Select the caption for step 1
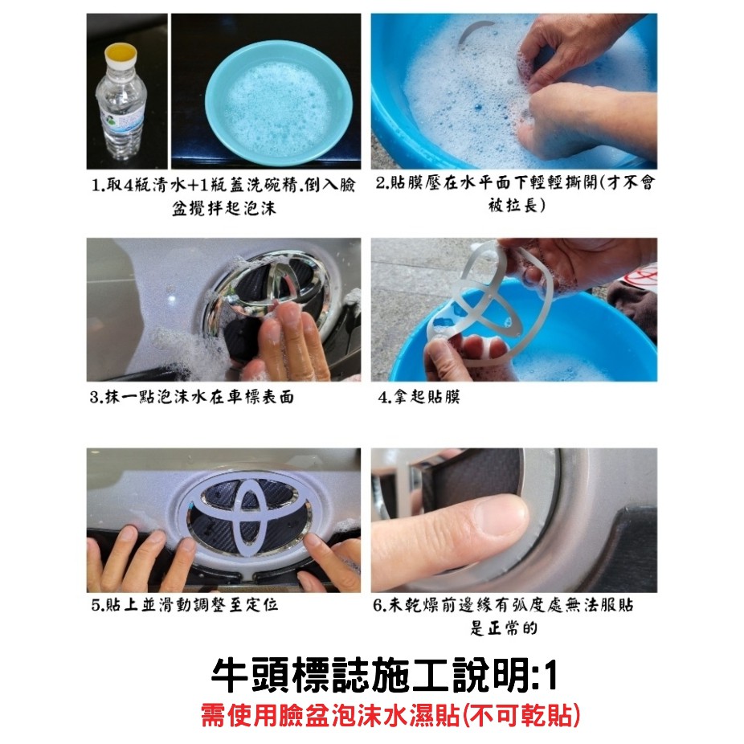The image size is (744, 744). click(x=223, y=196)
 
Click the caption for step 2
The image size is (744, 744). click(x=515, y=194)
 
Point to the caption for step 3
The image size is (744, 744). click(x=192, y=397)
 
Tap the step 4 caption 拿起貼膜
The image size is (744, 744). click(x=419, y=396)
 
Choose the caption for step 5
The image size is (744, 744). click(x=185, y=604)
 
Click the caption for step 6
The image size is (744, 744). click(x=504, y=616)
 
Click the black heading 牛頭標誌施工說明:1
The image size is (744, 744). click(x=384, y=675)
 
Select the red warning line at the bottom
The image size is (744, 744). click(x=390, y=716)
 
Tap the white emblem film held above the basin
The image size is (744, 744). click(x=489, y=304)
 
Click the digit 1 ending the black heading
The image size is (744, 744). click(x=550, y=676)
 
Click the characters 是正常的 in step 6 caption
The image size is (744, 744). click(x=504, y=627)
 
